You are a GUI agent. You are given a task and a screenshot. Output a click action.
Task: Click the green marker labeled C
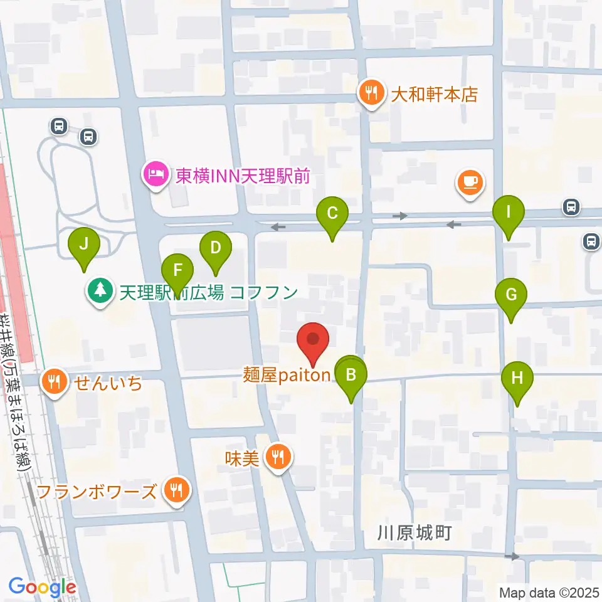332,213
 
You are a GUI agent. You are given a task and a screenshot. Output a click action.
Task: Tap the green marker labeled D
215,248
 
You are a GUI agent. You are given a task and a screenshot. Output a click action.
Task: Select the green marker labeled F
177,272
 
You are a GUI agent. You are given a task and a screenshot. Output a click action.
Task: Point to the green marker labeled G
511,294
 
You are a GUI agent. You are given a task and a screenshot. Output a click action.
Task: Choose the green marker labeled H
517,378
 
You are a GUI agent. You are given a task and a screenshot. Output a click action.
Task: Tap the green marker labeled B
351,376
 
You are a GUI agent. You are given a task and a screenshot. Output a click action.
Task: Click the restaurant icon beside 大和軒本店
372,94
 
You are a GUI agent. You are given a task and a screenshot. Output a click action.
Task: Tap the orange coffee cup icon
470,182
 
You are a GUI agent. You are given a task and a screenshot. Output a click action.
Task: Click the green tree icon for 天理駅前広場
100,292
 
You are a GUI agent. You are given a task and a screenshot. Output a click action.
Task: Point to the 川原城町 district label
415,534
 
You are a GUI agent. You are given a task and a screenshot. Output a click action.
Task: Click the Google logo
42,588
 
